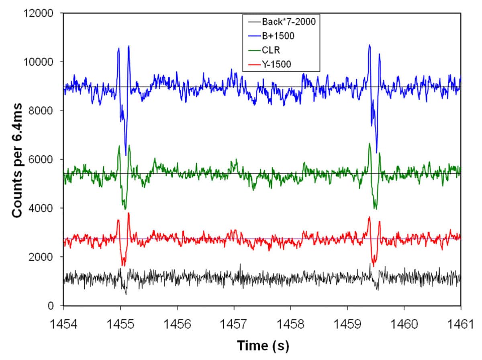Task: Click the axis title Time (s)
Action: click(262, 345)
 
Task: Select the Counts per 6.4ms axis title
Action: click(17, 159)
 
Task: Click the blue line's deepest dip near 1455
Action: click(126, 155)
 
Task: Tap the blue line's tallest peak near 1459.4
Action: click(369, 45)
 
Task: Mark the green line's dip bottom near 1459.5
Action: click(375, 209)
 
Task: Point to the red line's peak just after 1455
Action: click(129, 213)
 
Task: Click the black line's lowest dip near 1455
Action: click(126, 294)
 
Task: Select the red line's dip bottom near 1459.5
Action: click(374, 266)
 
